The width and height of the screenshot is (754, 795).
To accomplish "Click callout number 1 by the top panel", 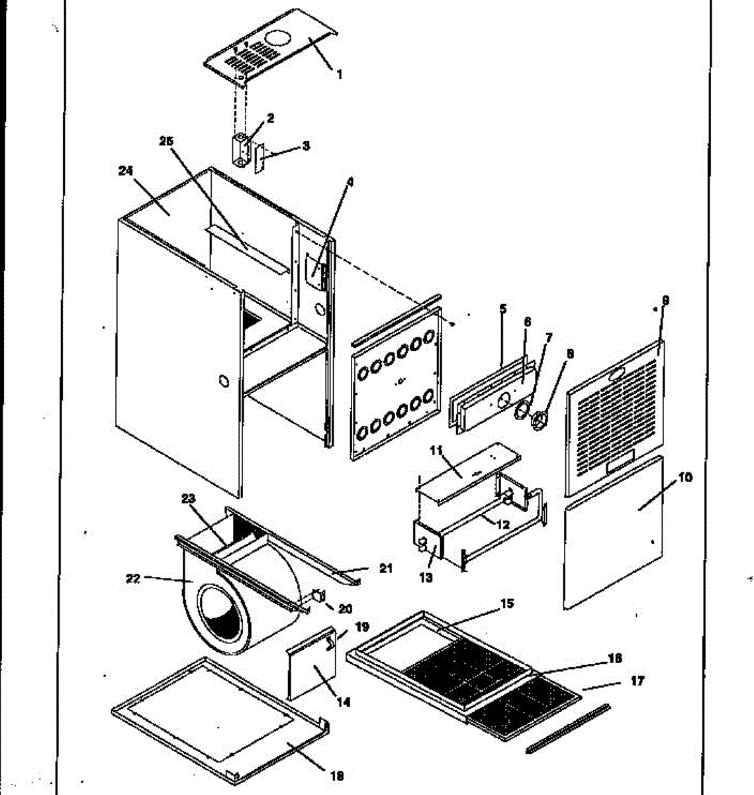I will pos(340,75).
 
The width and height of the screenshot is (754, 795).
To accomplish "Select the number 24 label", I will pos(126,171).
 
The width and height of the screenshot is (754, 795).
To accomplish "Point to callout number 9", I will pos(665,301).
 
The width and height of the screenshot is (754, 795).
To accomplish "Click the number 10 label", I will pos(685,477).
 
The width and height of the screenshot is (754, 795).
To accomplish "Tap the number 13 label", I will pos(426,578).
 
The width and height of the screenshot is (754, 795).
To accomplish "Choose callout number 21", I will pos(386,568).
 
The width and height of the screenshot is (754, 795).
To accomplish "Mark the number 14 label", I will pos(344,702).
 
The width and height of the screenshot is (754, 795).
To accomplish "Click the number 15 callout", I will pos(507,604).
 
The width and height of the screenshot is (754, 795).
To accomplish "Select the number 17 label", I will pos(637,680).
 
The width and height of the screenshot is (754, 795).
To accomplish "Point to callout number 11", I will pos(436,451).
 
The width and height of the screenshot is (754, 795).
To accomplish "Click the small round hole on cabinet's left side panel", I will pos(223,382).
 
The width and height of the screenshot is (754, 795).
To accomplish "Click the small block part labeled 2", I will pos(238,151).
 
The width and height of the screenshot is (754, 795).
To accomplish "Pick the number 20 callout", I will pos(345,609).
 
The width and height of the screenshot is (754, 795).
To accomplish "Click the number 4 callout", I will pos(350,180).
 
